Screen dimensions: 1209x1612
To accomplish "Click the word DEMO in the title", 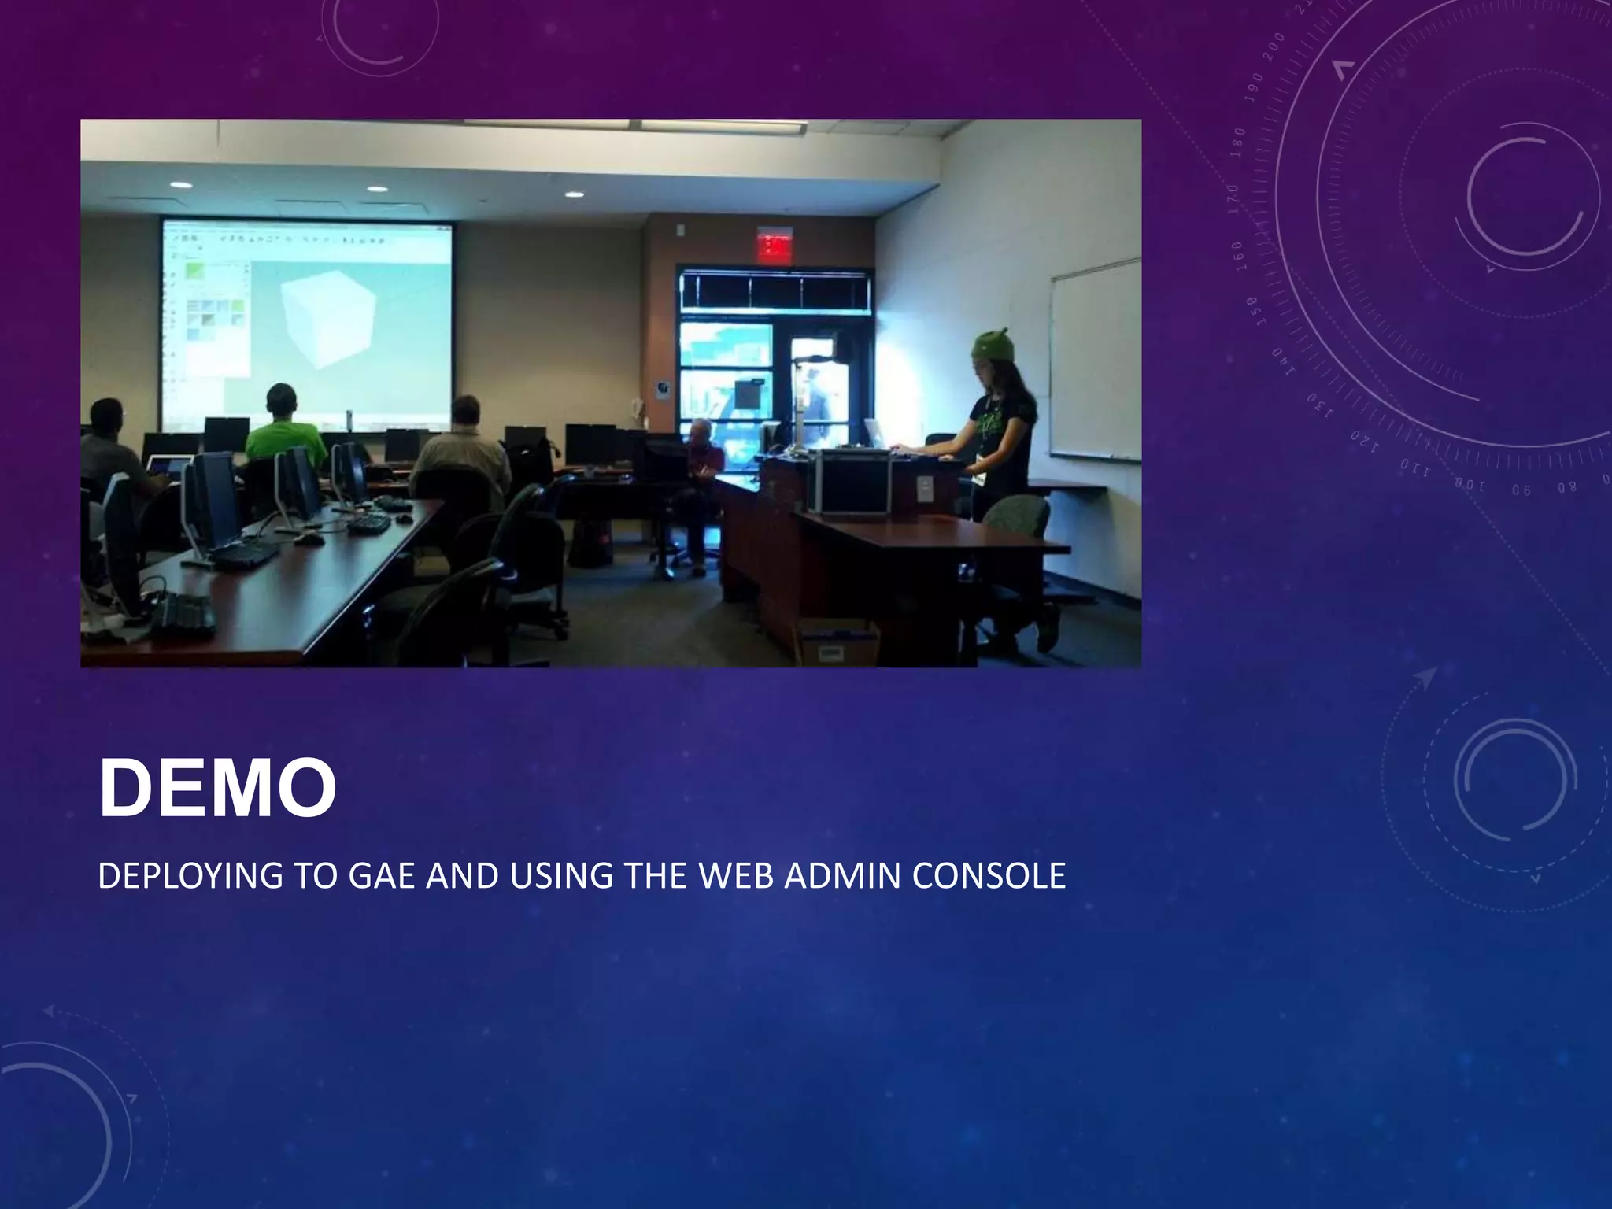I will point(217,789).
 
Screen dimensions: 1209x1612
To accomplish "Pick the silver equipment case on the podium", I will point(854,482).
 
